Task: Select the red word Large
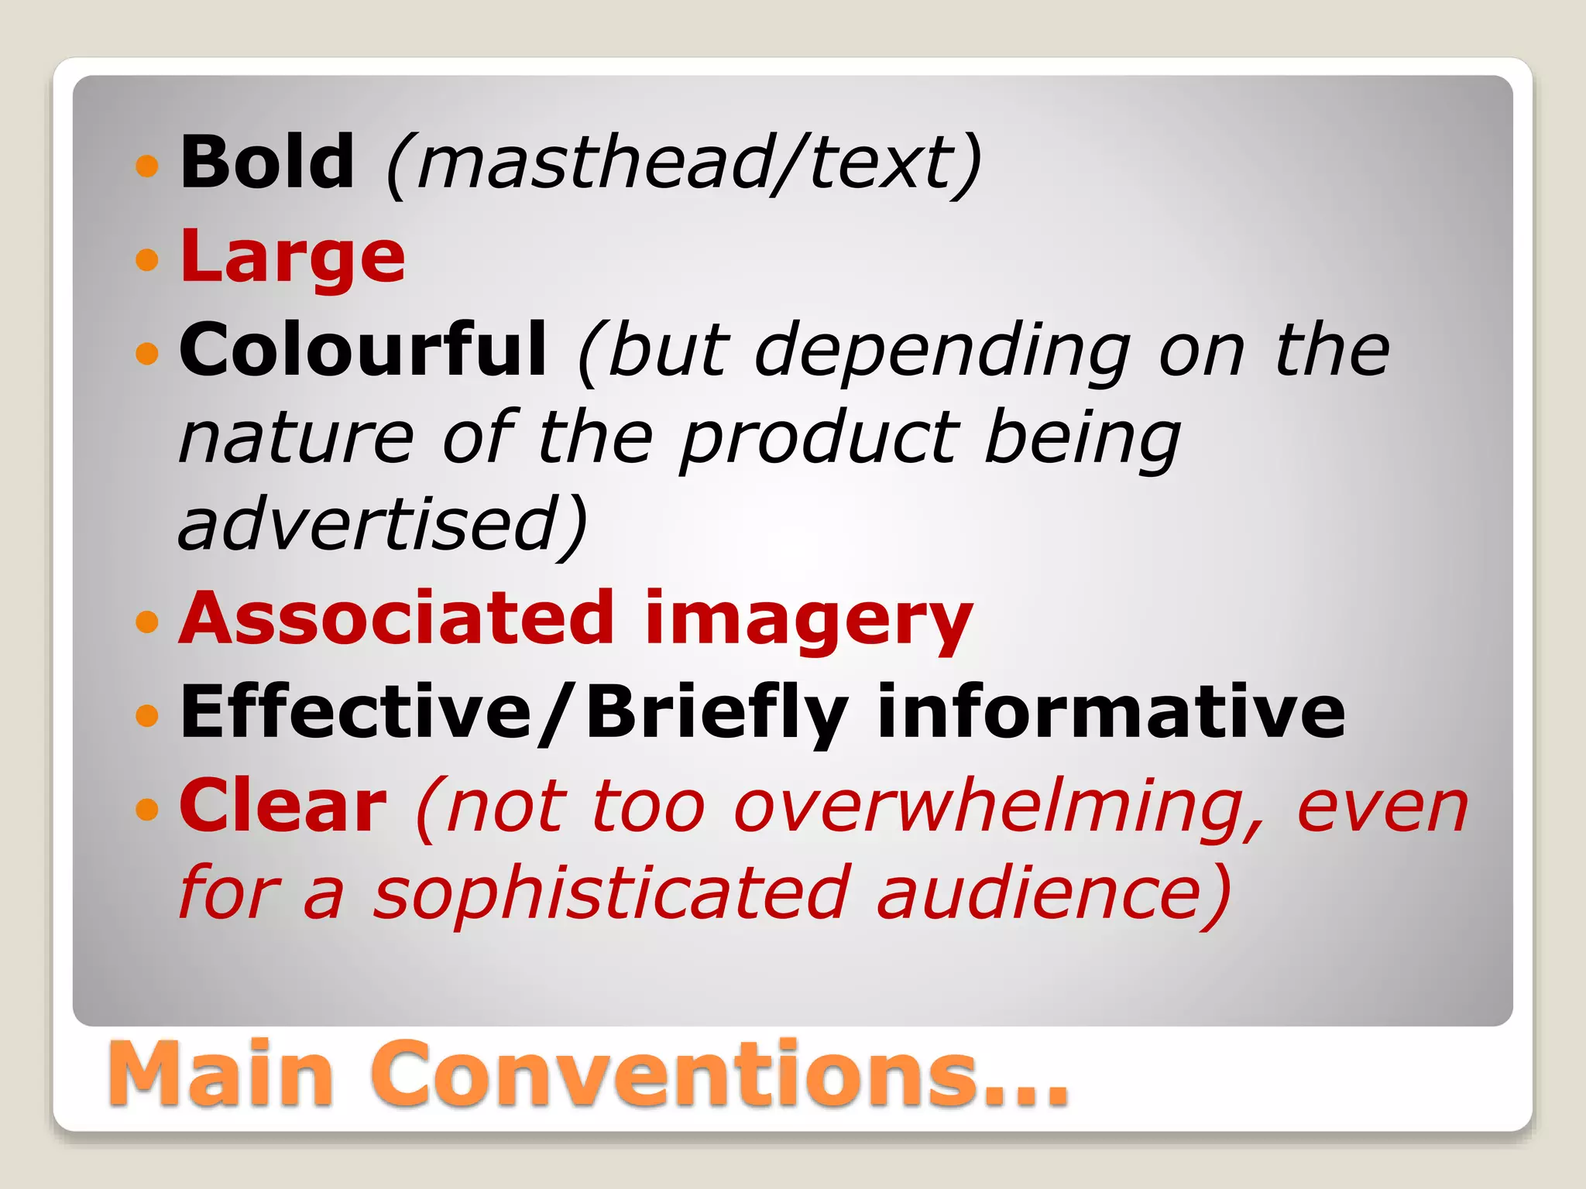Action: point(293,257)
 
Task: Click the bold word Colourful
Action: point(362,350)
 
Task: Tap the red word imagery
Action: point(808,621)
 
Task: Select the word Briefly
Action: point(717,714)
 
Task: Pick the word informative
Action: point(1111,712)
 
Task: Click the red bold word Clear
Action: point(283,807)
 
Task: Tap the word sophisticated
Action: point(612,895)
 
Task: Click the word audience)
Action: point(1053,895)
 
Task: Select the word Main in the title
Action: point(221,1074)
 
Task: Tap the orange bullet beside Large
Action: point(146,259)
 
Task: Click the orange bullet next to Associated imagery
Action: point(146,620)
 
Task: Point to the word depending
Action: point(942,353)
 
